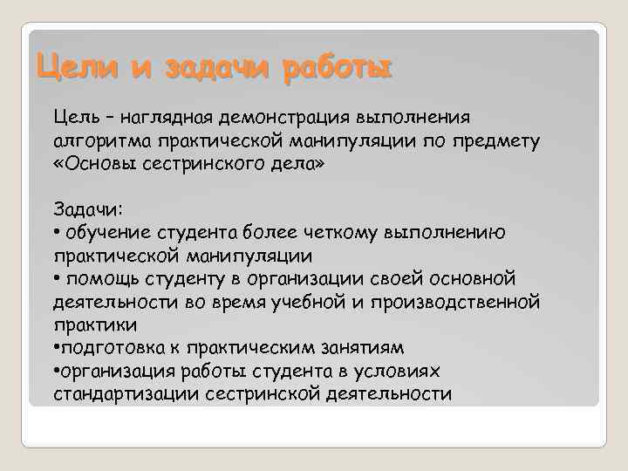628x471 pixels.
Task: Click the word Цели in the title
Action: click(70, 66)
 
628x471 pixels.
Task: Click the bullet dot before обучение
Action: click(57, 233)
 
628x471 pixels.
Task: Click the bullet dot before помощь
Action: click(57, 279)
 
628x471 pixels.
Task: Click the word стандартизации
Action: click(126, 393)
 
